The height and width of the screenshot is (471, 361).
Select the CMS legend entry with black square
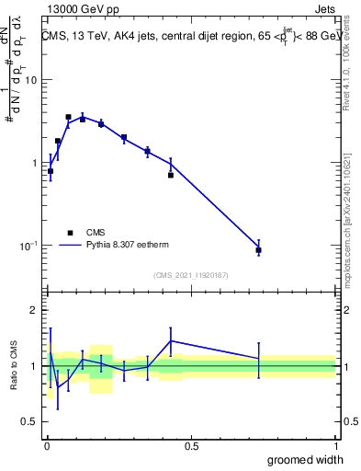pos(70,233)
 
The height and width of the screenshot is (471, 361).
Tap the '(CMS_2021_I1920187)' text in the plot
pos(189,275)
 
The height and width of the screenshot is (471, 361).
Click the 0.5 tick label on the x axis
pos(190,446)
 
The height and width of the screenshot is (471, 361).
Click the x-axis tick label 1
pos(335,446)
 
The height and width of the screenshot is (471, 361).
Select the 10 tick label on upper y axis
pos(30,80)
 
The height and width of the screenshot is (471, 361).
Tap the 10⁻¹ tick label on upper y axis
pos(28,246)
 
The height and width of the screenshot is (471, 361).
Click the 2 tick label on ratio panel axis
pos(33,310)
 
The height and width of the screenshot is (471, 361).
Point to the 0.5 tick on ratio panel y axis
pos(29,421)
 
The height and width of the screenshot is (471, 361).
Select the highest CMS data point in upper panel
pos(68,118)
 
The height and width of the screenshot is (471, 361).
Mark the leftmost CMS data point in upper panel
pos(51,171)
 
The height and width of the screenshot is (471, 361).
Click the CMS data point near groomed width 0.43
pos(171,175)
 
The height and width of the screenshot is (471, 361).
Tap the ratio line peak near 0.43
pos(171,341)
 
